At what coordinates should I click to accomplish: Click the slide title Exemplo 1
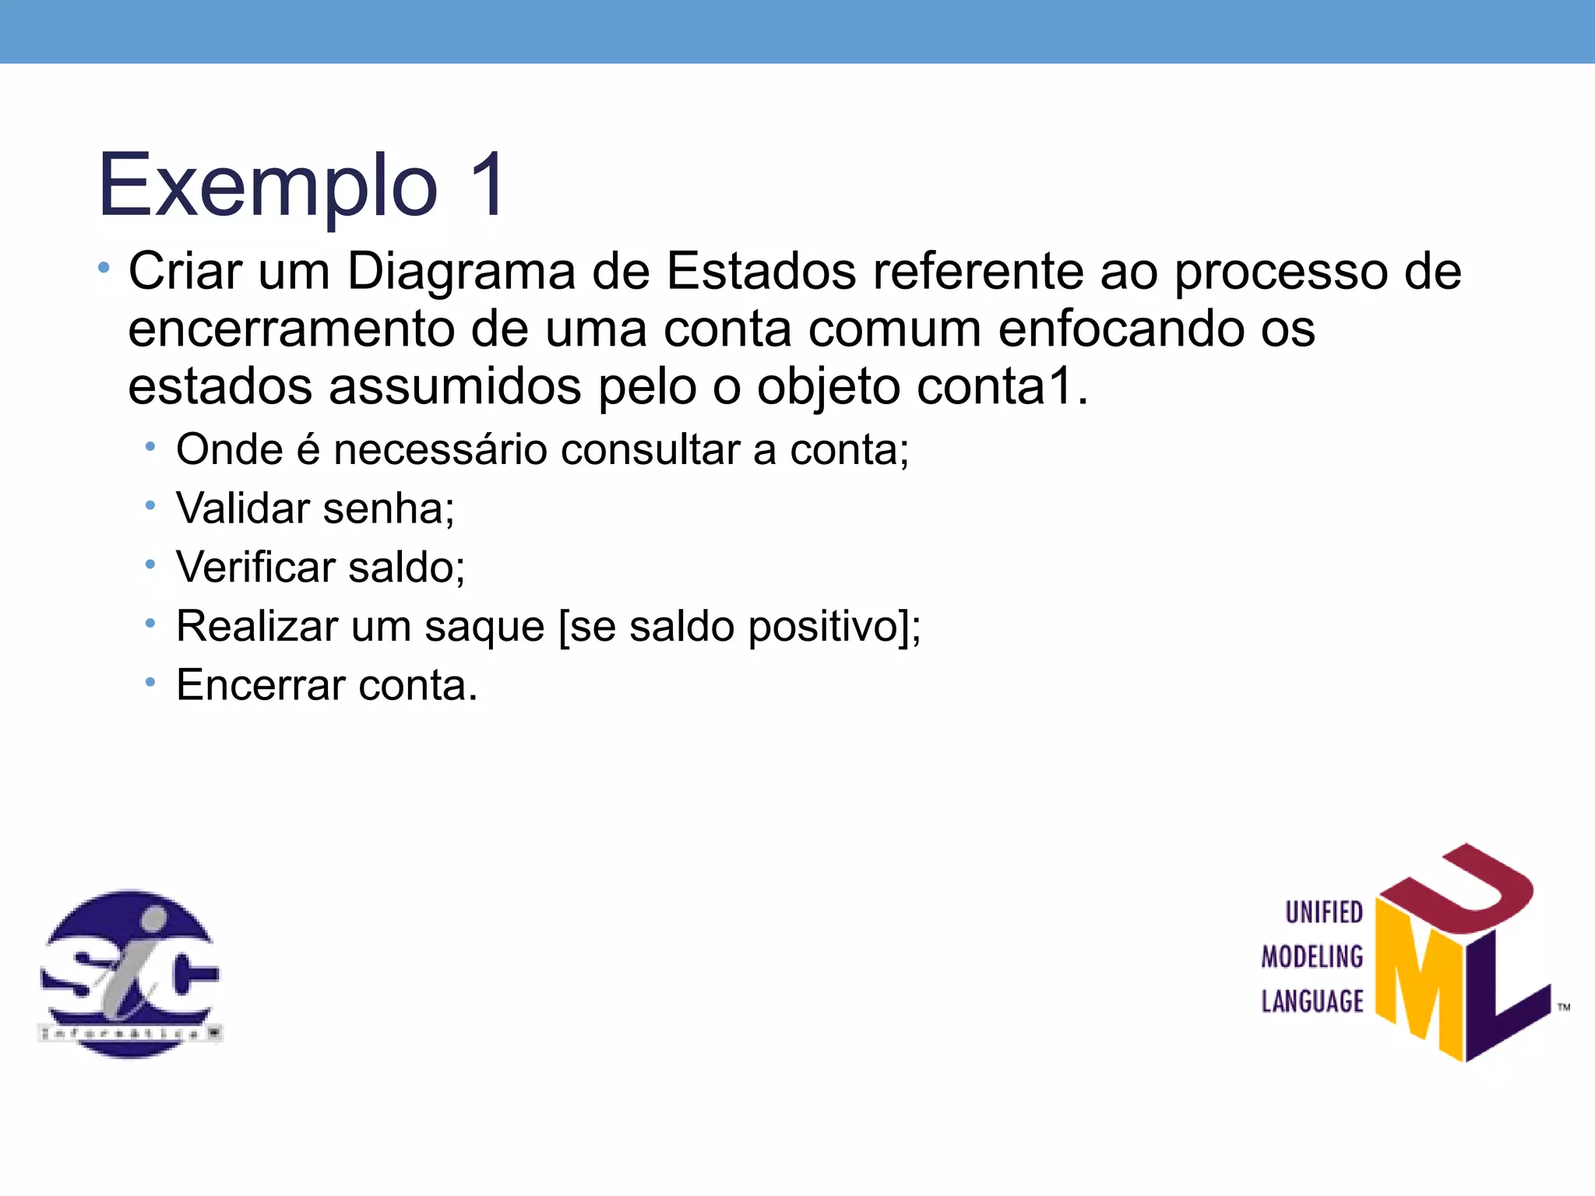302,185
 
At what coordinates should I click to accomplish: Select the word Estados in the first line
761,273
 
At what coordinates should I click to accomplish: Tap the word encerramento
290,329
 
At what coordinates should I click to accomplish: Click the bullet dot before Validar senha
150,506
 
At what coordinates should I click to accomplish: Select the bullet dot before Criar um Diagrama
104,269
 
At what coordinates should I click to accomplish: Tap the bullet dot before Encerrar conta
150,683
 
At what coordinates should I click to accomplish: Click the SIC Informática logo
130,974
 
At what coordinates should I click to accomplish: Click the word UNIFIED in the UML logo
1323,913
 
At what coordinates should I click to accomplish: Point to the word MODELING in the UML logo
1312,957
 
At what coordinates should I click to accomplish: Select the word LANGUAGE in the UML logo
1312,1001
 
